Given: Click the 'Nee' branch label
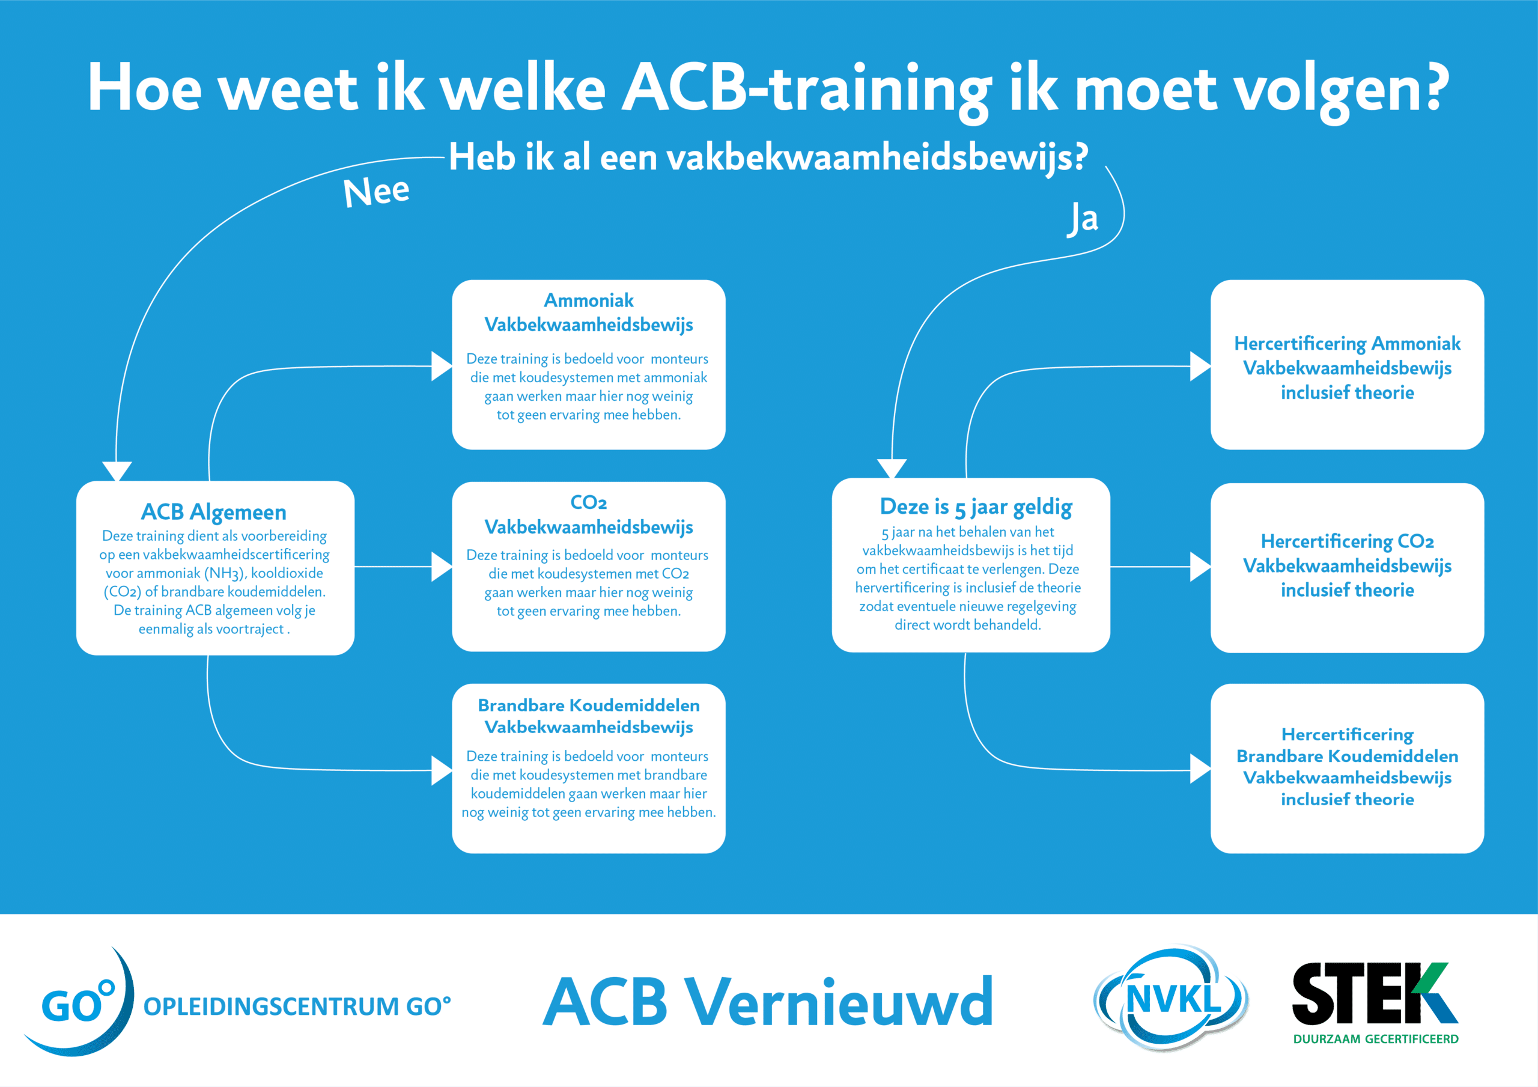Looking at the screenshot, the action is pyautogui.click(x=376, y=192).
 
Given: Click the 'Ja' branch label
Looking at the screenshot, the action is pyautogui.click(x=1083, y=218).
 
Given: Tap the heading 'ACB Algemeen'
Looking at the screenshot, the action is pyautogui.click(x=214, y=512).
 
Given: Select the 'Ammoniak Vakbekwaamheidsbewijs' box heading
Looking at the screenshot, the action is pyautogui.click(x=589, y=312).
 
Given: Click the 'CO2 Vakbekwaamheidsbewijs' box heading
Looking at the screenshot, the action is pyautogui.click(x=589, y=515).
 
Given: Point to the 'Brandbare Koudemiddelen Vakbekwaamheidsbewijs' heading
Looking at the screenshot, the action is pyautogui.click(x=589, y=716).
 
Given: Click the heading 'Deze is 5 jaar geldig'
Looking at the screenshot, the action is pyautogui.click(x=976, y=507).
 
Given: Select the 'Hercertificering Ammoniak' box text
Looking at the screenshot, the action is pyautogui.click(x=1347, y=368).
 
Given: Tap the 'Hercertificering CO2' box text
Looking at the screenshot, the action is pyautogui.click(x=1347, y=565).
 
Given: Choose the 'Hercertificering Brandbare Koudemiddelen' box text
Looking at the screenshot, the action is pyautogui.click(x=1347, y=767).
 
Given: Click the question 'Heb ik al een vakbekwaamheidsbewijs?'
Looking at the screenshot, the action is pyautogui.click(x=768, y=158).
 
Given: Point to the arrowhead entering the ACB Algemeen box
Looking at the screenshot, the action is pyautogui.click(x=117, y=471).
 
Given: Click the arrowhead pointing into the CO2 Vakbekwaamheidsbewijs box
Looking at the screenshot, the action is pyautogui.click(x=442, y=567).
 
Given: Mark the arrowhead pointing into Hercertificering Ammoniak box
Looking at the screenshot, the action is pyautogui.click(x=1200, y=367).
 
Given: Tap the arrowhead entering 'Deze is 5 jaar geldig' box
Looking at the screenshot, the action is pyautogui.click(x=892, y=469).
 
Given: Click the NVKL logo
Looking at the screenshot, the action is pyautogui.click(x=1170, y=999).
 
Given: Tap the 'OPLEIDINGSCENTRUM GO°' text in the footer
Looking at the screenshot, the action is pyautogui.click(x=297, y=1006).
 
